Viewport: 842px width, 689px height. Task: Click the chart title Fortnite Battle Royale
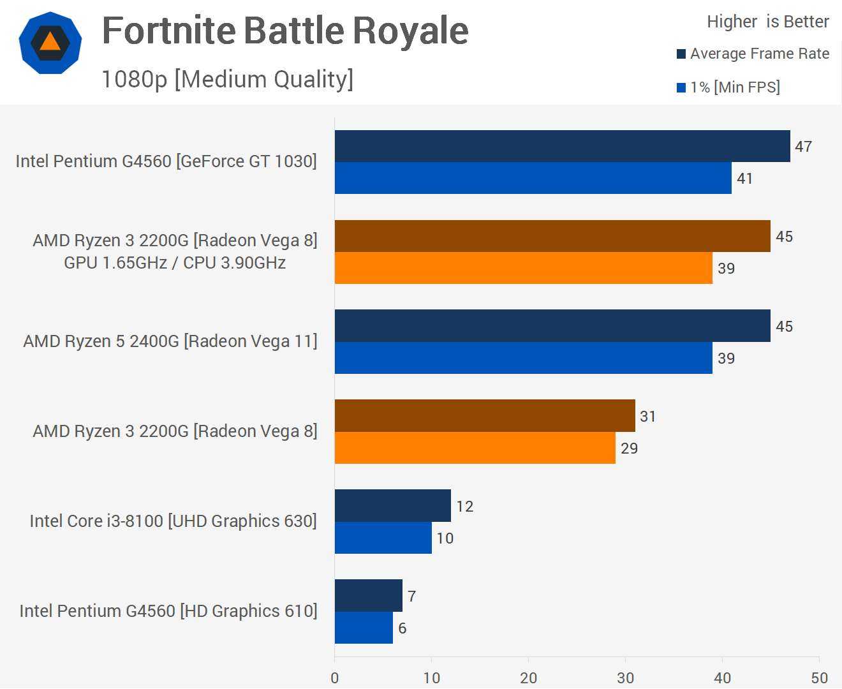285,31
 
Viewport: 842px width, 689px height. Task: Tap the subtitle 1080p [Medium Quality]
227,79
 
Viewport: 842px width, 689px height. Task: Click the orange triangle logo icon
50,43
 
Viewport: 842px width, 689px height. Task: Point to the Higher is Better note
767,22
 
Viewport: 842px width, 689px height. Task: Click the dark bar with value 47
562,146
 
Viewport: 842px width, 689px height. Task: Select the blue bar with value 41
533,178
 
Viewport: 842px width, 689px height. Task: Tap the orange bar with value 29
475,448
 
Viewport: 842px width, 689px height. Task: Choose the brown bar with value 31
485,416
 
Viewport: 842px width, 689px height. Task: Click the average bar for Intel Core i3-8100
392,506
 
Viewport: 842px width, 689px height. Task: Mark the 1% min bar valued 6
364,628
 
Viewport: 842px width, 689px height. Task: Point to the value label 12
465,507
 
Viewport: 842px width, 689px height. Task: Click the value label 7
412,596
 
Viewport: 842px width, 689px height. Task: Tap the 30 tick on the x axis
625,678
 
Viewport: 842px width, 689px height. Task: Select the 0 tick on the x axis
335,678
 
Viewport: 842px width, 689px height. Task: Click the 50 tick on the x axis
819,678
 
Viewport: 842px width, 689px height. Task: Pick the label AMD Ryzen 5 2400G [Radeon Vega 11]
170,341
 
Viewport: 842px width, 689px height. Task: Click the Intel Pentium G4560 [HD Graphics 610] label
168,611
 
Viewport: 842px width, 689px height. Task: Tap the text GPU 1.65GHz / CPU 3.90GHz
175,263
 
